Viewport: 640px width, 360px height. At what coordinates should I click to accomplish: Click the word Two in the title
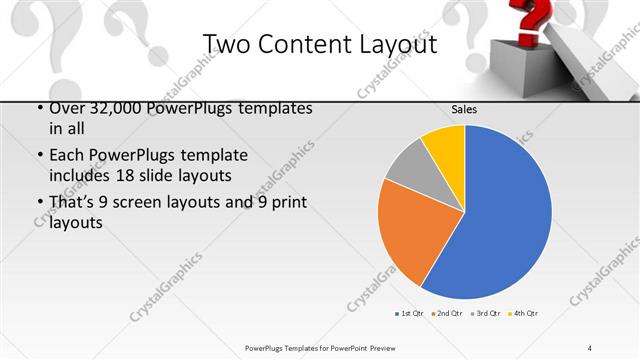(x=227, y=44)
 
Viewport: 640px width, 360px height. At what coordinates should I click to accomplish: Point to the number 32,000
(x=104, y=108)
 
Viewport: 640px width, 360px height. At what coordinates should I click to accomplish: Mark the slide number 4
(x=590, y=347)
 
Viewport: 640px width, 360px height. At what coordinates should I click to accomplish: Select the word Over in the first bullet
(x=66, y=108)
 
